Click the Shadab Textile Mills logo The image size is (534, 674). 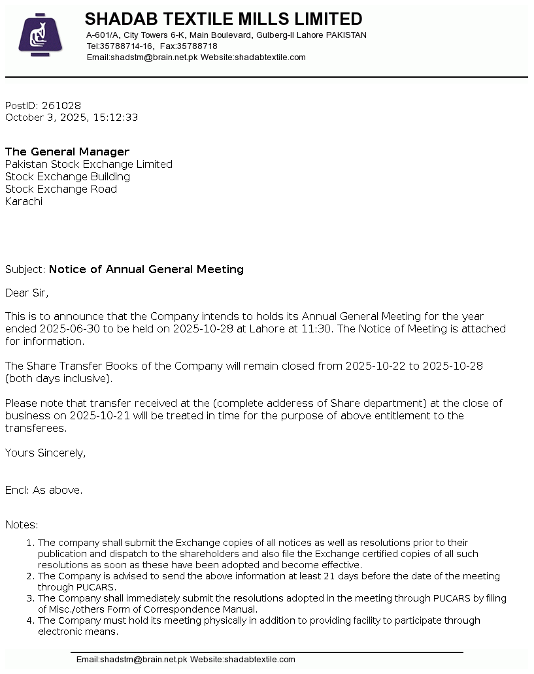pyautogui.click(x=40, y=35)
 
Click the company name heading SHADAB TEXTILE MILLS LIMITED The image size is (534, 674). pyautogui.click(x=224, y=19)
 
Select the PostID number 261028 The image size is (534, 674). pyautogui.click(x=61, y=106)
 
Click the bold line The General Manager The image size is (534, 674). pyautogui.click(x=67, y=152)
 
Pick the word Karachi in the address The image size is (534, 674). pyautogui.click(x=24, y=202)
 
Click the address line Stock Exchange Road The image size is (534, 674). pyautogui.click(x=61, y=189)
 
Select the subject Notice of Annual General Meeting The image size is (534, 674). pyautogui.click(x=146, y=270)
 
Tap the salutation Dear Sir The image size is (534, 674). pyautogui.click(x=27, y=293)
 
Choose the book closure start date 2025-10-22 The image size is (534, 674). pyautogui.click(x=375, y=366)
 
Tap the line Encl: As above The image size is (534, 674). pyautogui.click(x=44, y=490)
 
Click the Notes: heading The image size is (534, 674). pyautogui.click(x=22, y=525)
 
